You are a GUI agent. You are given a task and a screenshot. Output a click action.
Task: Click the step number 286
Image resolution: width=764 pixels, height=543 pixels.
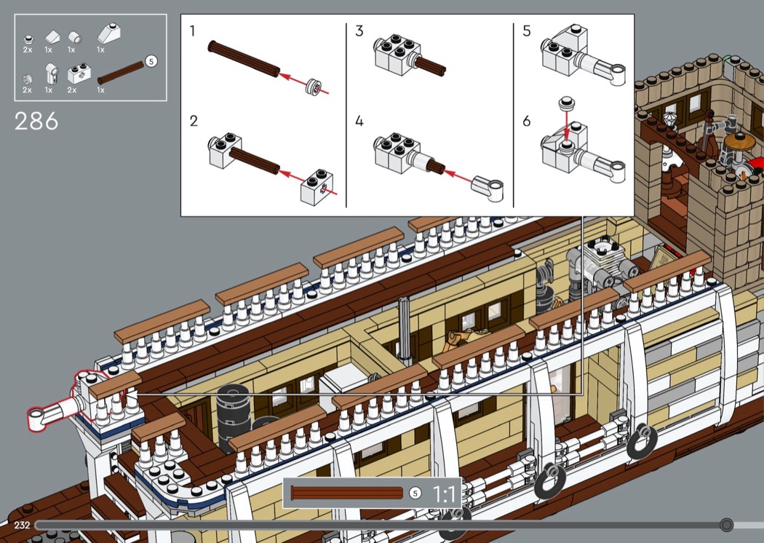pyautogui.click(x=36, y=122)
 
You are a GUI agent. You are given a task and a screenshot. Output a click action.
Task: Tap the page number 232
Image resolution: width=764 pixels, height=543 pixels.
pyautogui.click(x=22, y=525)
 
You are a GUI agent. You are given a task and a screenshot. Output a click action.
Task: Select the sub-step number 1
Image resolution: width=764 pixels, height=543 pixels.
pyautogui.click(x=193, y=31)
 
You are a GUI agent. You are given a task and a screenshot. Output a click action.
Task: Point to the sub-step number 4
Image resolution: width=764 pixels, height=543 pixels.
pyautogui.click(x=359, y=121)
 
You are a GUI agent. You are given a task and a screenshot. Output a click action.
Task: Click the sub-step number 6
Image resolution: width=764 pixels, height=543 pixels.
pyautogui.click(x=527, y=121)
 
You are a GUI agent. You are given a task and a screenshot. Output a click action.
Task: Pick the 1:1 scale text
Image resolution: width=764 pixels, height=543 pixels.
pyautogui.click(x=444, y=494)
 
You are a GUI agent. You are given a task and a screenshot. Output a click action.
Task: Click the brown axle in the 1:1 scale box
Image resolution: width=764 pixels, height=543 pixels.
pyautogui.click(x=347, y=493)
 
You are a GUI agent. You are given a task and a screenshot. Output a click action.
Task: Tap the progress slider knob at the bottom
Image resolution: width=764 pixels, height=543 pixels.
pyautogui.click(x=726, y=525)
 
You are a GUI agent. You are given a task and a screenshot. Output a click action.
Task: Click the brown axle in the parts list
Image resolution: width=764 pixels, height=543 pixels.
pyautogui.click(x=121, y=73)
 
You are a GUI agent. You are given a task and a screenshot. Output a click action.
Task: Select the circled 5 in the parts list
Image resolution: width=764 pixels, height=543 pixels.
pyautogui.click(x=151, y=61)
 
